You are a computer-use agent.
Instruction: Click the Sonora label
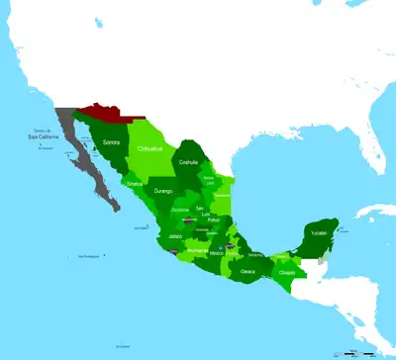pos(112,142)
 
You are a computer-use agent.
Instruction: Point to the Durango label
pos(163,190)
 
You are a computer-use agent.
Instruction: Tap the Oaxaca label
pos(247,270)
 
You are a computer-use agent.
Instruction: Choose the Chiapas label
pos(287,272)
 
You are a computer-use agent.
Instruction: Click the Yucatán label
pos(316,232)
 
